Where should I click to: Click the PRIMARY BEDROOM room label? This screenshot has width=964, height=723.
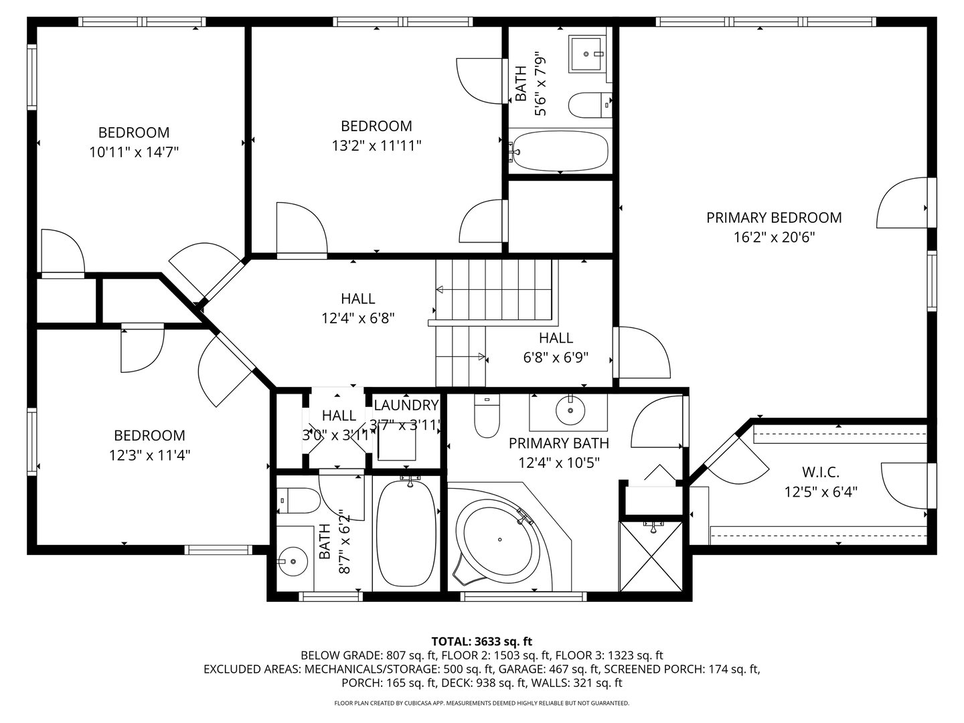pyautogui.click(x=774, y=218)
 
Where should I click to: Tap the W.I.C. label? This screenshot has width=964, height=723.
pyautogui.click(x=821, y=472)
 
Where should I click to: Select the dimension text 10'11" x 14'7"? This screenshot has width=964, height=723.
pyautogui.click(x=134, y=153)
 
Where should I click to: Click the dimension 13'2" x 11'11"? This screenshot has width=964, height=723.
pyautogui.click(x=376, y=146)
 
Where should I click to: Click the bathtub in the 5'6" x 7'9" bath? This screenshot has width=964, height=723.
pyautogui.click(x=560, y=152)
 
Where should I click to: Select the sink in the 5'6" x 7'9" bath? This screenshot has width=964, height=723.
pyautogui.click(x=587, y=52)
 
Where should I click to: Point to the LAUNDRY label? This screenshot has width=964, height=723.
pyautogui.click(x=406, y=405)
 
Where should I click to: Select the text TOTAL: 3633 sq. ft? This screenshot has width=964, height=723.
pyautogui.click(x=481, y=641)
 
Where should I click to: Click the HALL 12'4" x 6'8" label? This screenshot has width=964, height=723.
pyautogui.click(x=357, y=308)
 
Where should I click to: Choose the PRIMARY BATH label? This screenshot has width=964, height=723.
pyautogui.click(x=558, y=443)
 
